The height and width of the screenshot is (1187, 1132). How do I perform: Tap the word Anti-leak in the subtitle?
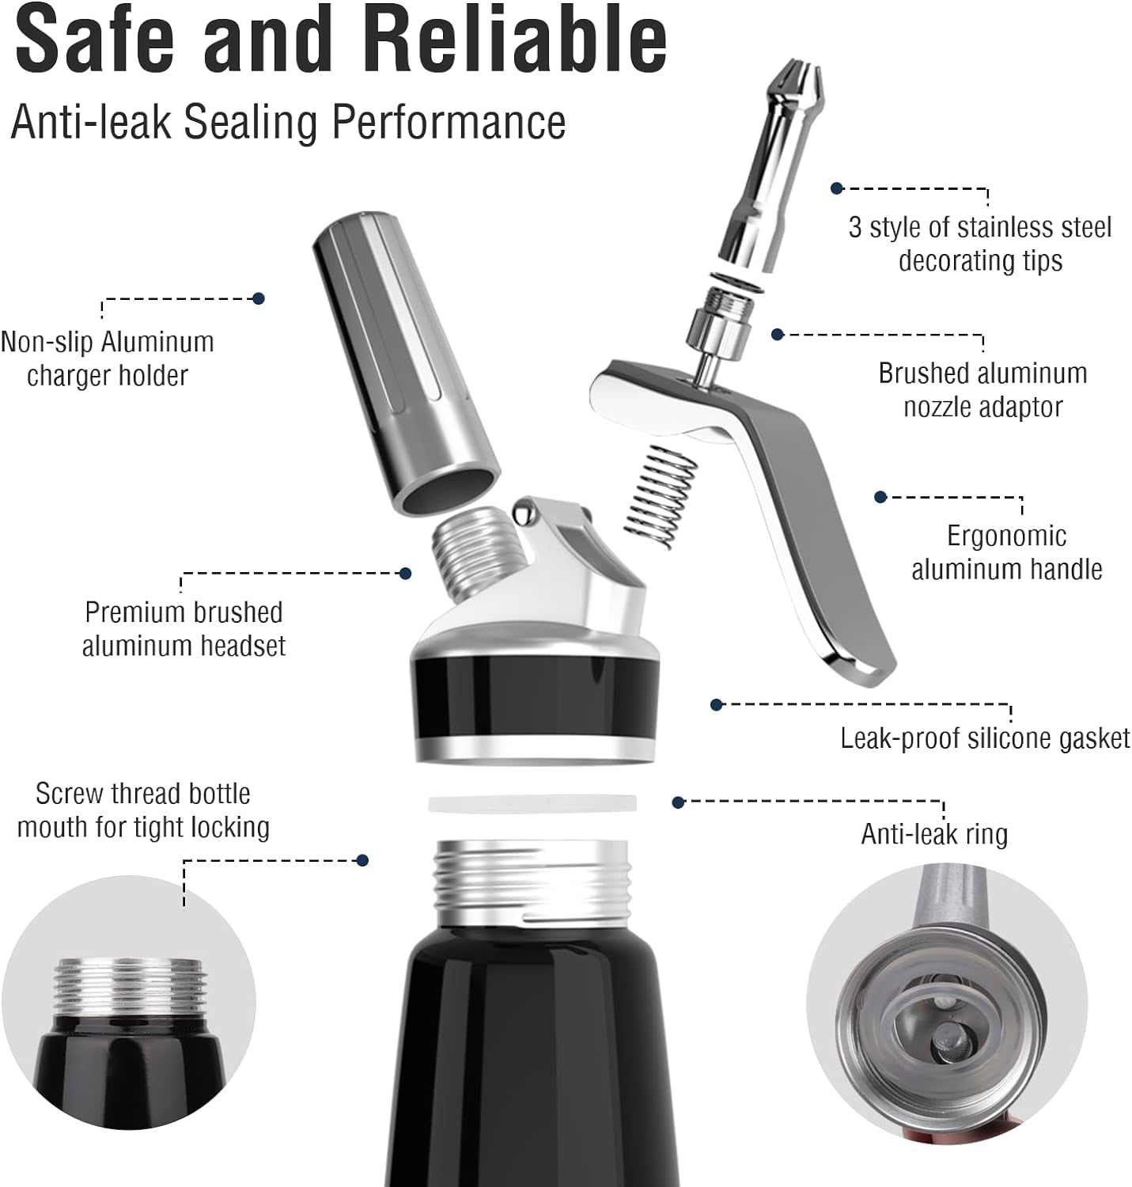click(x=89, y=122)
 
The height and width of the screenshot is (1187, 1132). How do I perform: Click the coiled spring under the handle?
click(x=661, y=497)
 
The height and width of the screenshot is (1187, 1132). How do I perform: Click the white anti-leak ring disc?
click(x=532, y=803)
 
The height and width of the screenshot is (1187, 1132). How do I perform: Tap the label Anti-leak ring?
click(x=934, y=834)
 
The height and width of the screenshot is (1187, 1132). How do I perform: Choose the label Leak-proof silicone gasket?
click(x=985, y=738)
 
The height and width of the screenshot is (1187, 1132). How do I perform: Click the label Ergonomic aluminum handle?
click(x=1006, y=552)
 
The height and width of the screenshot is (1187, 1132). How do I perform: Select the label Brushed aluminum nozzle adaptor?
click(x=982, y=389)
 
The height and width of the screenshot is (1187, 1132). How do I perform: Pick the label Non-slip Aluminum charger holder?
click(x=108, y=358)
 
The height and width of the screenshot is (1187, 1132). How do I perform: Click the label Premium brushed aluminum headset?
click(x=184, y=628)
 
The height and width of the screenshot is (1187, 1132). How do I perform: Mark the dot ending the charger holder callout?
click(x=258, y=298)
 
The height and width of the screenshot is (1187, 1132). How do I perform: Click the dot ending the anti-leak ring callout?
click(x=678, y=802)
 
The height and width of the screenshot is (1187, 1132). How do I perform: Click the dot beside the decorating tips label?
click(x=837, y=188)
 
